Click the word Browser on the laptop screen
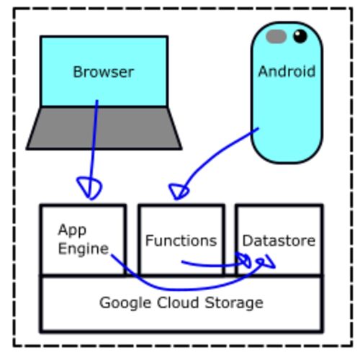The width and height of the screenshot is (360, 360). click(x=103, y=72)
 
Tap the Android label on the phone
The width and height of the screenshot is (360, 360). click(x=287, y=71)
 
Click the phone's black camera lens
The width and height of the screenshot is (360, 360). click(x=300, y=36)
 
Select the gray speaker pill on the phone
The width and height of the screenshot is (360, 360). click(x=276, y=37)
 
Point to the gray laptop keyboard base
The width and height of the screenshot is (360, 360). click(x=104, y=128)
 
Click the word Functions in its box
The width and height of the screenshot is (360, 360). click(x=181, y=240)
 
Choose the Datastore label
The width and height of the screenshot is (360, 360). click(x=279, y=240)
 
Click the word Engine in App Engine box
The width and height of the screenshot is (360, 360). click(x=84, y=249)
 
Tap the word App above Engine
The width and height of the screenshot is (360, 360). click(x=72, y=230)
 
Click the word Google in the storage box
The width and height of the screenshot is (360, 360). click(x=125, y=303)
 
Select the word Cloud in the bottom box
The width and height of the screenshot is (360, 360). click(x=178, y=302)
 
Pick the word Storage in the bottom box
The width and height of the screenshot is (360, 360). click(x=234, y=303)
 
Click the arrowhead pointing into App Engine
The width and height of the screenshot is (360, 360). click(x=89, y=189)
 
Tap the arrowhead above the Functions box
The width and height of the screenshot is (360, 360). click(x=179, y=192)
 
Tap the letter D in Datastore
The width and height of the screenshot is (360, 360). click(x=247, y=240)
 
